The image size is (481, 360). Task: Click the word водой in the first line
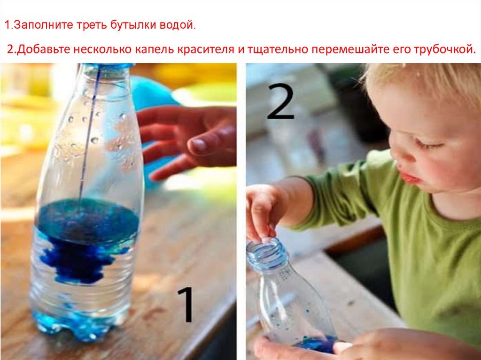tap(176, 24)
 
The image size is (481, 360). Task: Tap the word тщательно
tap(278, 50)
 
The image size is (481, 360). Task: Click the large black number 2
tap(281, 101)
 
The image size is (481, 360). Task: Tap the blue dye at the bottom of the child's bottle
tap(317, 344)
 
